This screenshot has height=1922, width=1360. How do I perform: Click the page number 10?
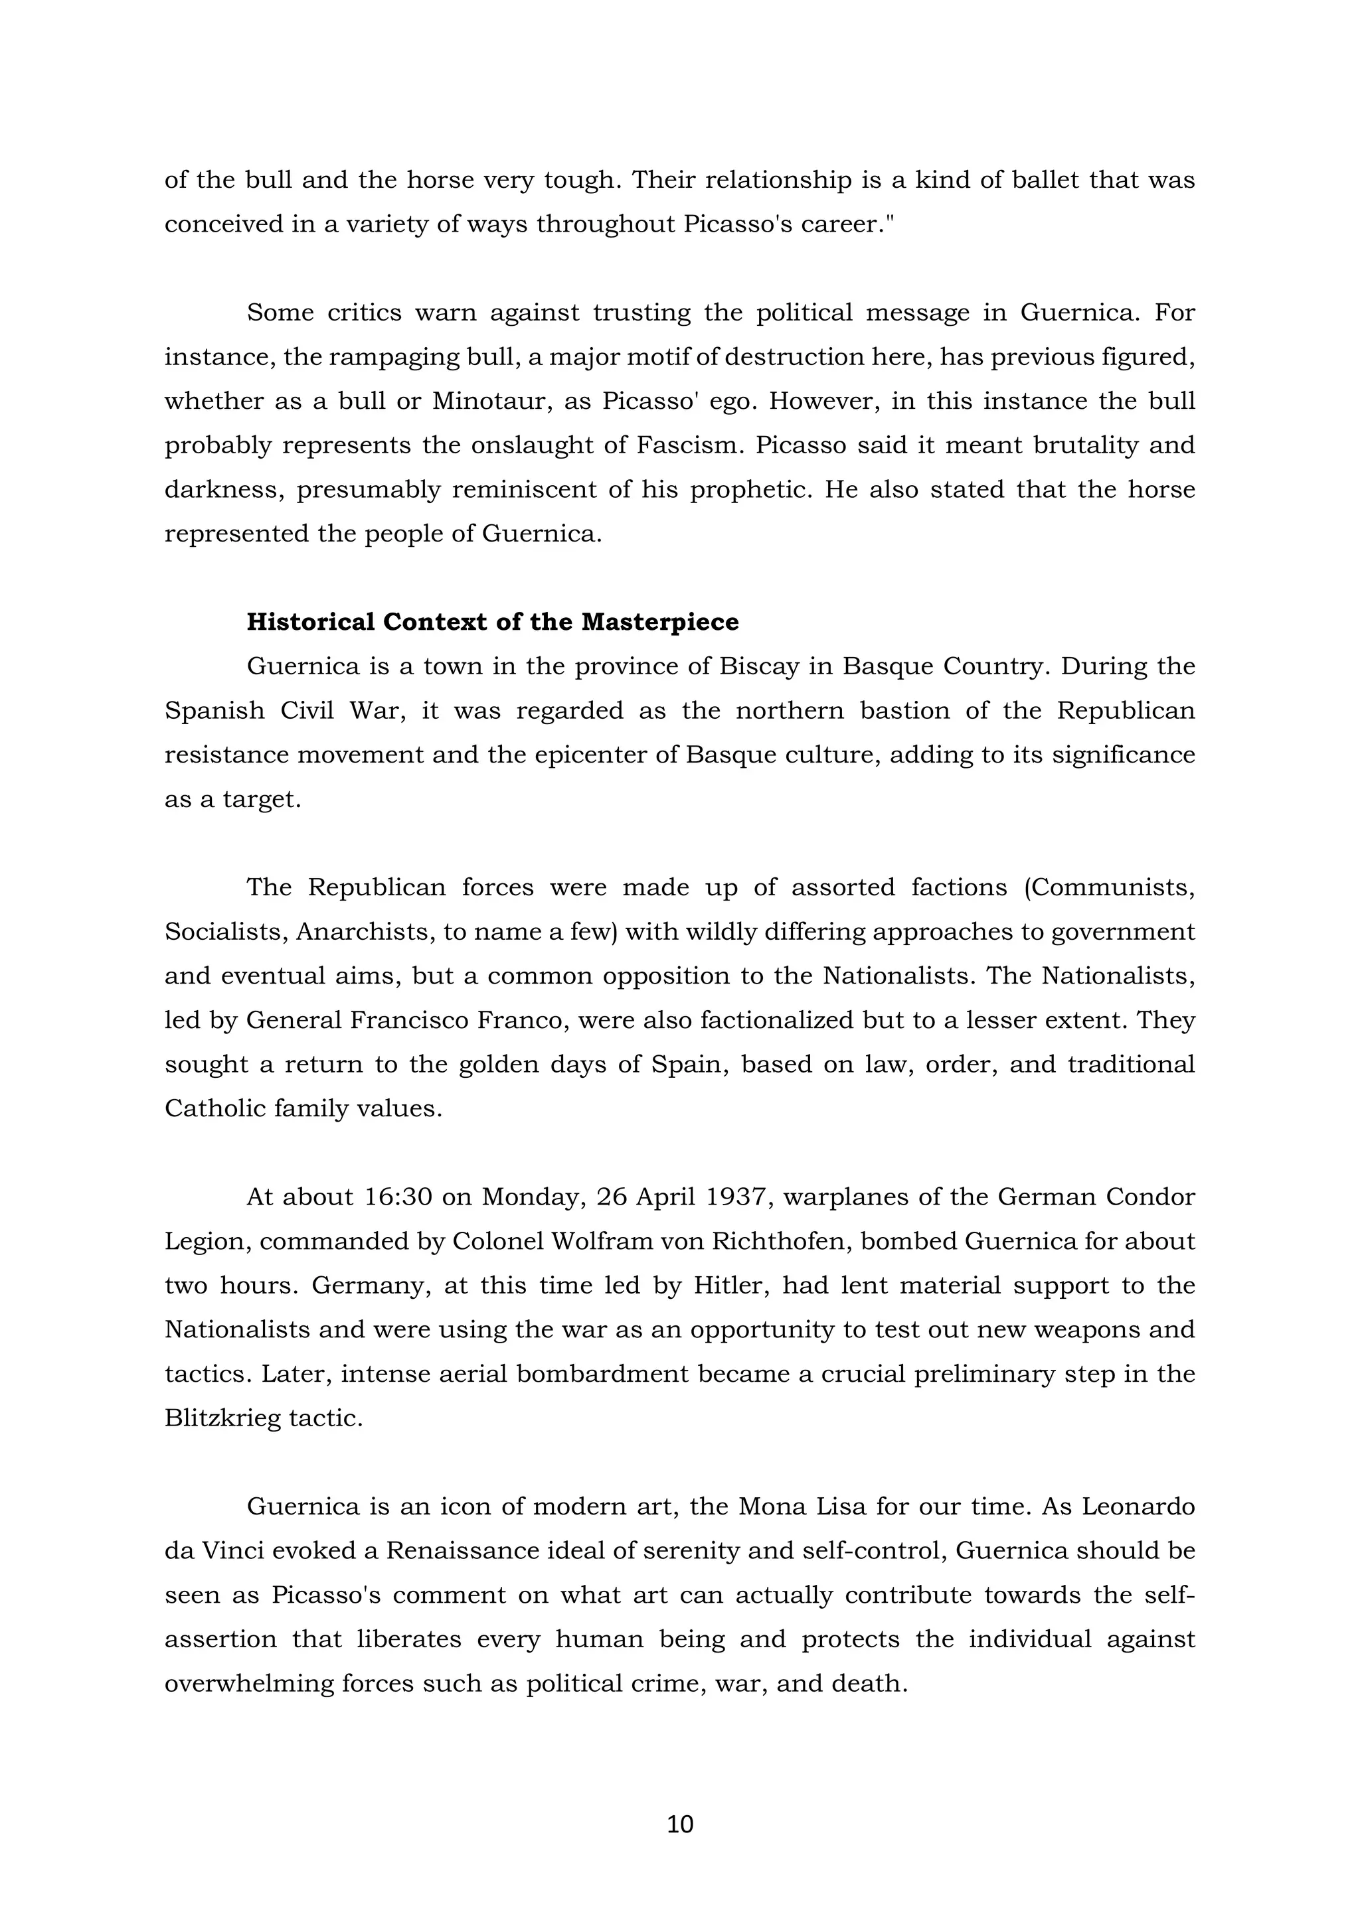click(x=680, y=1823)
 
